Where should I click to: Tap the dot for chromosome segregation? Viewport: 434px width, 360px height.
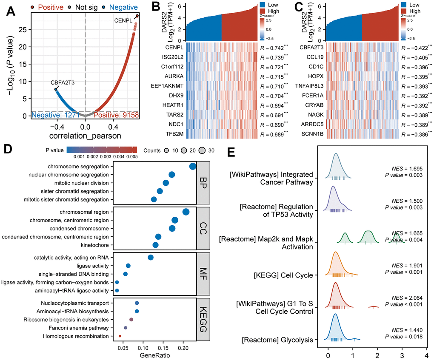click(x=192, y=166)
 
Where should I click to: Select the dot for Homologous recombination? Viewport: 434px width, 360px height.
click(x=120, y=336)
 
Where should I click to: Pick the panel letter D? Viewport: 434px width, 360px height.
click(x=7, y=150)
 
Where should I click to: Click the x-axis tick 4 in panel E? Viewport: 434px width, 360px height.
click(x=426, y=354)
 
